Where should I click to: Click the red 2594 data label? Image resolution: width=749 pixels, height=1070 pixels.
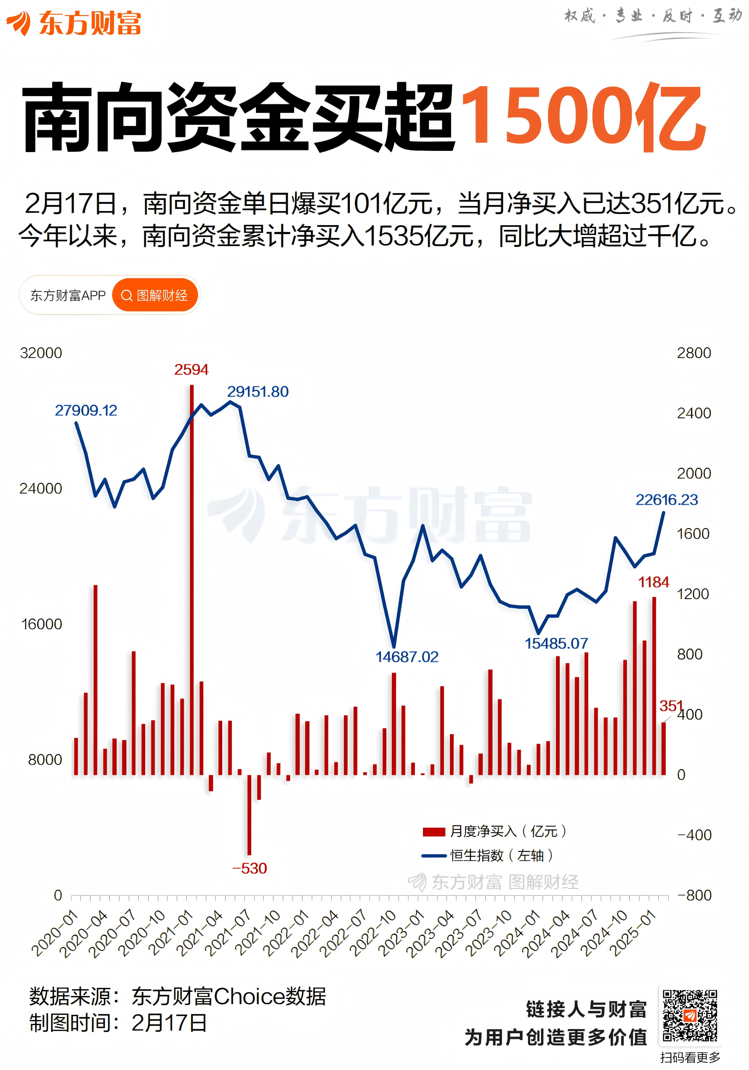tap(191, 370)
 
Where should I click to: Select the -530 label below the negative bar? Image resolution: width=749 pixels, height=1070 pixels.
tap(250, 868)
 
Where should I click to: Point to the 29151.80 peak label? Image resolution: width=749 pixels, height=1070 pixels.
tap(258, 391)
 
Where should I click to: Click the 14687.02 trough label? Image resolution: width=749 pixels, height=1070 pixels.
tap(407, 657)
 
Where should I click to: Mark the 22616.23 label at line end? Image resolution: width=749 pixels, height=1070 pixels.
tap(667, 500)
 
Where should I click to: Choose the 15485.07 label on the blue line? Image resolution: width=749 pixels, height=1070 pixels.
tap(556, 643)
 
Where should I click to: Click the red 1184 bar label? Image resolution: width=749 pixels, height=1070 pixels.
tap(653, 582)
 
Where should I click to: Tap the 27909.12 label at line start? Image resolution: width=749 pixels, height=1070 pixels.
tap(86, 410)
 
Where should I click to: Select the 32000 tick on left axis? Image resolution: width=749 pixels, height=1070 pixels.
tap(41, 353)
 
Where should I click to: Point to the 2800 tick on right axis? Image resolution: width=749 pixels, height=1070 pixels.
tap(693, 353)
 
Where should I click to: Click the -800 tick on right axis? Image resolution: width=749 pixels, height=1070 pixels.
tap(694, 895)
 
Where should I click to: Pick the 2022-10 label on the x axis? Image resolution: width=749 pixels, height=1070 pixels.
tap(373, 933)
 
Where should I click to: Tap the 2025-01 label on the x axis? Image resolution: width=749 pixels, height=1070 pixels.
tap(632, 933)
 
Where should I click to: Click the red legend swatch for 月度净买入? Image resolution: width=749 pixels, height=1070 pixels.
tap(433, 832)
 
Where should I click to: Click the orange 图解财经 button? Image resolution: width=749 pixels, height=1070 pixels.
tap(155, 295)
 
